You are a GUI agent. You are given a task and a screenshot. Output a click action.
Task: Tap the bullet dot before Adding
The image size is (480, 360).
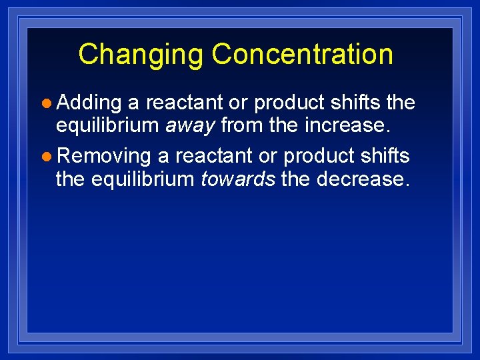point(46,103)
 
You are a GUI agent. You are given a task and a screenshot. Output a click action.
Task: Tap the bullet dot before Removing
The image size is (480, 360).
point(46,157)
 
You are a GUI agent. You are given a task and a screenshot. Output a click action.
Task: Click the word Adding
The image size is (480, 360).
point(89,103)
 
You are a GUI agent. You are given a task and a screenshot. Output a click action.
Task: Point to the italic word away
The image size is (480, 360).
point(191,125)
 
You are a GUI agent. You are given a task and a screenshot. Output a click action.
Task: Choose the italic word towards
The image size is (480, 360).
point(238,178)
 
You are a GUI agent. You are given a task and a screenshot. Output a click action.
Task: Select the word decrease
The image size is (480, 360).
point(361,178)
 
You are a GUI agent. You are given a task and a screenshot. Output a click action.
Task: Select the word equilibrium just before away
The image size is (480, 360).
point(108,125)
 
